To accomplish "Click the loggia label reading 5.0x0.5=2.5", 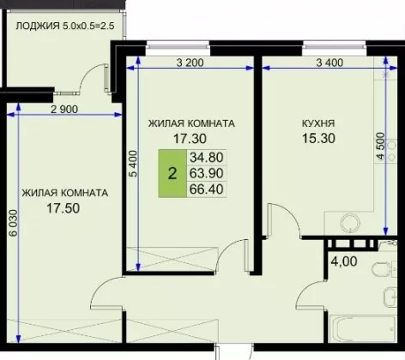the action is [88, 26].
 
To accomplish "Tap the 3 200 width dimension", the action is [190, 63].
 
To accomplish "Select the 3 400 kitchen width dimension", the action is [329, 63].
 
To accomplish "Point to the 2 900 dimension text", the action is [64, 109].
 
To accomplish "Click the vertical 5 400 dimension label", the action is [134, 164].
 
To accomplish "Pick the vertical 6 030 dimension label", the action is [14, 223].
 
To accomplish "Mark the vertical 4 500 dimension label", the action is [381, 146].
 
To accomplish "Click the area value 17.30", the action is [190, 139].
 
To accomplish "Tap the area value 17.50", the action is [63, 208].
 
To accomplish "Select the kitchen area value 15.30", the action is [318, 138].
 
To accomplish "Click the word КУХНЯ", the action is [318, 123].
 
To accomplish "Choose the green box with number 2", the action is [172, 173].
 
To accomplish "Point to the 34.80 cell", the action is [207, 157].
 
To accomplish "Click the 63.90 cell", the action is [207, 173].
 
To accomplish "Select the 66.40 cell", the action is [207, 189].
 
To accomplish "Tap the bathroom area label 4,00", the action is [344, 261].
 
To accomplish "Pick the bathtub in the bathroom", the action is [363, 328].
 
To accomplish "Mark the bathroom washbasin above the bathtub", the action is [390, 297].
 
